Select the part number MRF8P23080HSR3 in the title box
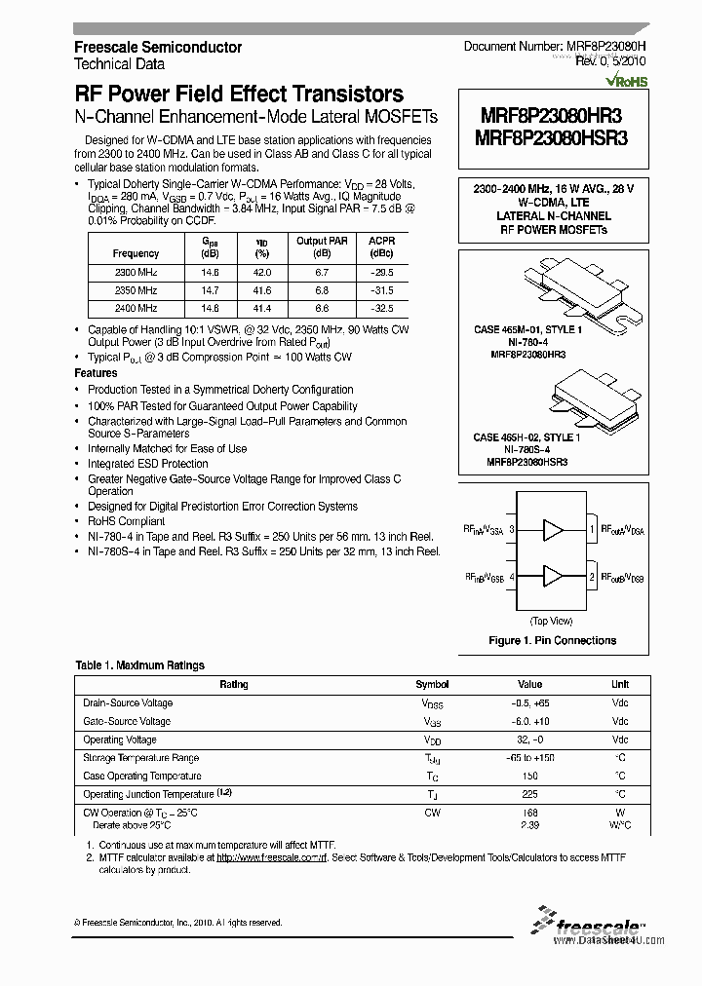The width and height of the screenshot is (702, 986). (551, 138)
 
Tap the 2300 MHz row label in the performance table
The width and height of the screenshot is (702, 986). (136, 274)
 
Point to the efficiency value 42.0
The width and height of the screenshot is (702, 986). (261, 274)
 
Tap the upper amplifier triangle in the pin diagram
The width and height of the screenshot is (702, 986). (553, 530)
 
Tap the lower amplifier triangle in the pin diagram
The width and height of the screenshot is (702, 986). (553, 577)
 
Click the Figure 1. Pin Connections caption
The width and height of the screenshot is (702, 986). (552, 640)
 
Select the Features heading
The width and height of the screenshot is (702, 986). (97, 373)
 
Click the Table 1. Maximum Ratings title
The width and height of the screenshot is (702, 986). (140, 665)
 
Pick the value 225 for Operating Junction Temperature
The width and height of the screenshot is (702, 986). (529, 794)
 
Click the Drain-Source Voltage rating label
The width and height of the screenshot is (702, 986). (128, 703)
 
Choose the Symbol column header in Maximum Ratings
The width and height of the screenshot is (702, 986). (432, 685)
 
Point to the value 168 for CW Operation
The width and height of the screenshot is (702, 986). (529, 812)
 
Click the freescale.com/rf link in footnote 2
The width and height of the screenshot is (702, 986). (270, 858)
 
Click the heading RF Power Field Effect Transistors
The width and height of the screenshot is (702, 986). (239, 94)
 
